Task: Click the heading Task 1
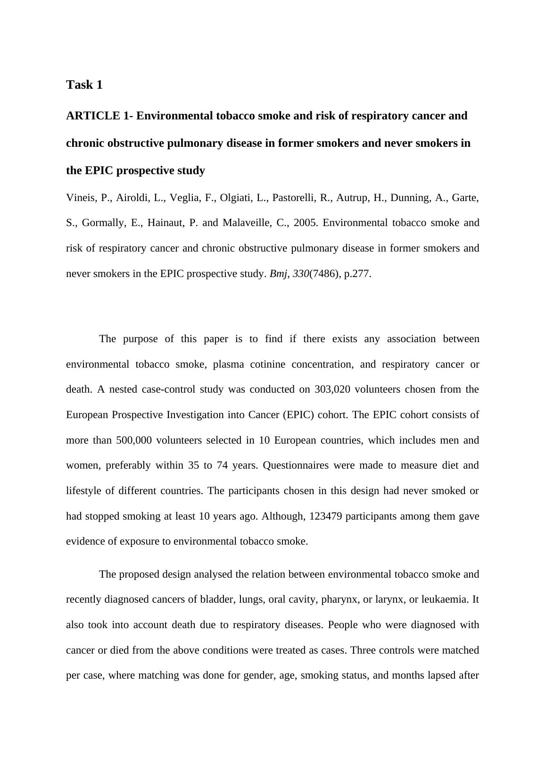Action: pos(84,85)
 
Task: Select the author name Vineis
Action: pos(81,198)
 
